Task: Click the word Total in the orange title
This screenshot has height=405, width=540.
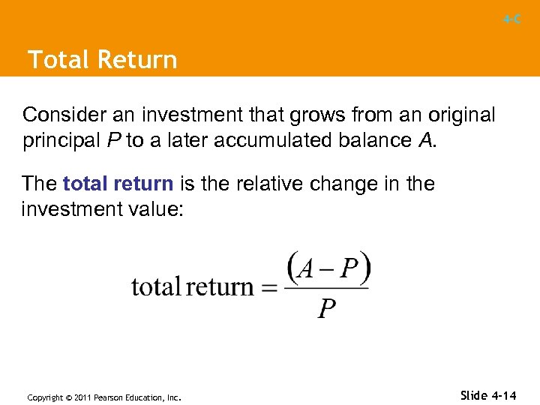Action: pyautogui.click(x=57, y=60)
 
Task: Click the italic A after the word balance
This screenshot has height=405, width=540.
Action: pyautogui.click(x=424, y=140)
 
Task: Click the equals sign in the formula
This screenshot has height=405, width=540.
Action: pyautogui.click(x=271, y=286)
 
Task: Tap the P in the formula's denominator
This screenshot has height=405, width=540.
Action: pyautogui.click(x=326, y=307)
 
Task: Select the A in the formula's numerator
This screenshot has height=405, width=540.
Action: pyautogui.click(x=305, y=268)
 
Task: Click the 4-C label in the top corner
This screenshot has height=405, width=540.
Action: pyautogui.click(x=512, y=19)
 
